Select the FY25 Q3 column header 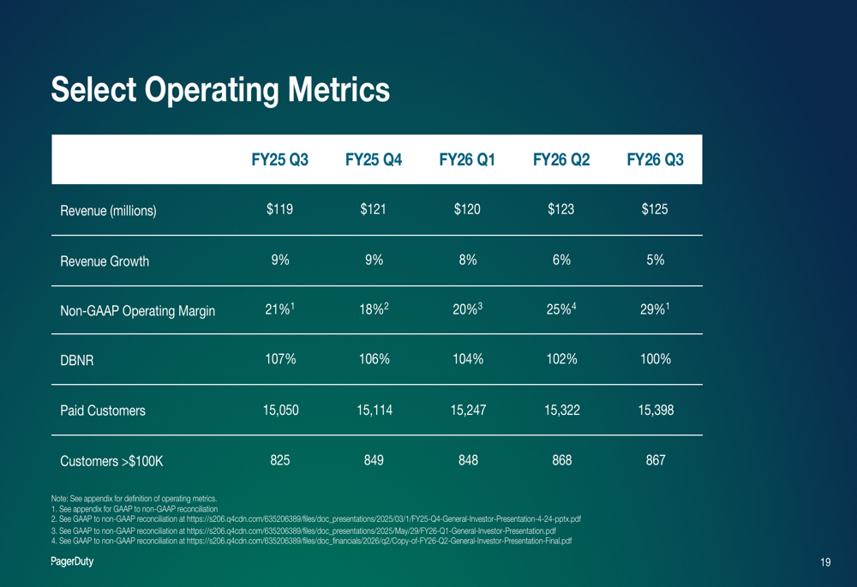pos(279,160)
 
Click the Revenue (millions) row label pos(108,211)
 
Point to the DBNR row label pos(76,361)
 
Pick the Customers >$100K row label pos(111,461)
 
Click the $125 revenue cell pos(655,210)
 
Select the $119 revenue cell pos(279,210)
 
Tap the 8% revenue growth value pos(467,261)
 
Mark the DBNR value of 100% pos(655,360)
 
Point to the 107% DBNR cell pos(279,360)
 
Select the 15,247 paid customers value pos(467,410)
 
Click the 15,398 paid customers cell pos(655,410)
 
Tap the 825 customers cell pos(279,460)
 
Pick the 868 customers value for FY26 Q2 pos(561,460)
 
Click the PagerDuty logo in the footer pos(71,561)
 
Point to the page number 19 pos(824,562)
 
